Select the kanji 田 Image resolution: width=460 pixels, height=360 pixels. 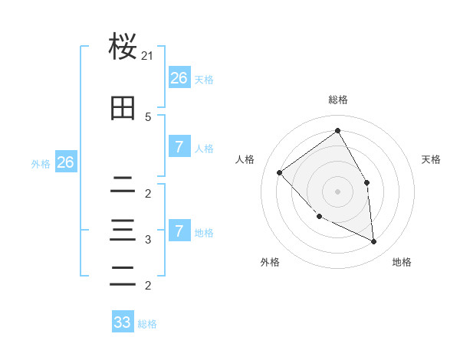click(123, 108)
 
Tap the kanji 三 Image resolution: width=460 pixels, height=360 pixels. click(123, 230)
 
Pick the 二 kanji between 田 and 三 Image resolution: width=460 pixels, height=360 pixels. click(123, 185)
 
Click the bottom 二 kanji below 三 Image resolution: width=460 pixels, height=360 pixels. click(123, 277)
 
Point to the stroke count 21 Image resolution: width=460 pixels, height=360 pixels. click(148, 56)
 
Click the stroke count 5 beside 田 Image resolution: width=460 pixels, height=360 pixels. click(148, 116)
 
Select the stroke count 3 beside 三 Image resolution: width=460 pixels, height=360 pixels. click(148, 240)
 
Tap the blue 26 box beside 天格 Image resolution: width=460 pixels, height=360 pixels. click(179, 77)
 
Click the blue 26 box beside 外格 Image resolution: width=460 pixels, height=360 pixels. click(65, 162)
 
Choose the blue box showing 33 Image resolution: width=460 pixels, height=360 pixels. click(123, 322)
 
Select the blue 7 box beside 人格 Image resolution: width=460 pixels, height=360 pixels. click(179, 147)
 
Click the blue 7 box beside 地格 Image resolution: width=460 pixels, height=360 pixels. click(179, 231)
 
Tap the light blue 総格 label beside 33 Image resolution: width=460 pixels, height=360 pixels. click(147, 324)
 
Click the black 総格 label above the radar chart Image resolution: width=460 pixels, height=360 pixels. click(338, 100)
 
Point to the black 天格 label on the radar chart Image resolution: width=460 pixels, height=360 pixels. click(431, 159)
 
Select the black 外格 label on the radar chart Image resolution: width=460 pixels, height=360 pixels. click(270, 262)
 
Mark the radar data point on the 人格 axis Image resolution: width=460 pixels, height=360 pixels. click(280, 172)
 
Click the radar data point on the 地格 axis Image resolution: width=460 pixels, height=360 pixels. click(373, 241)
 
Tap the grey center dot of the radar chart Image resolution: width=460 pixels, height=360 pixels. click(337, 191)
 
